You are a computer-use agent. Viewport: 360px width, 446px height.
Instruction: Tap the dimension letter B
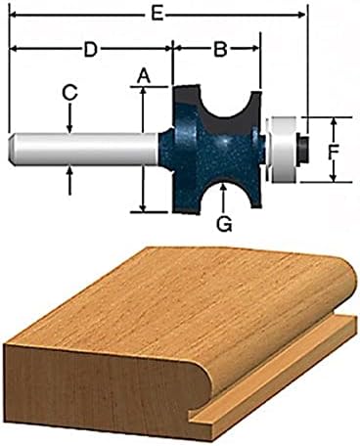220,47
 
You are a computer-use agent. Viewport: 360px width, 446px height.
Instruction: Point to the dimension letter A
144,73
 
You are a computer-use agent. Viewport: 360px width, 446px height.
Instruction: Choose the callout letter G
224,224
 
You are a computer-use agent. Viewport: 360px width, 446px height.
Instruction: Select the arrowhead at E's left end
13,15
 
